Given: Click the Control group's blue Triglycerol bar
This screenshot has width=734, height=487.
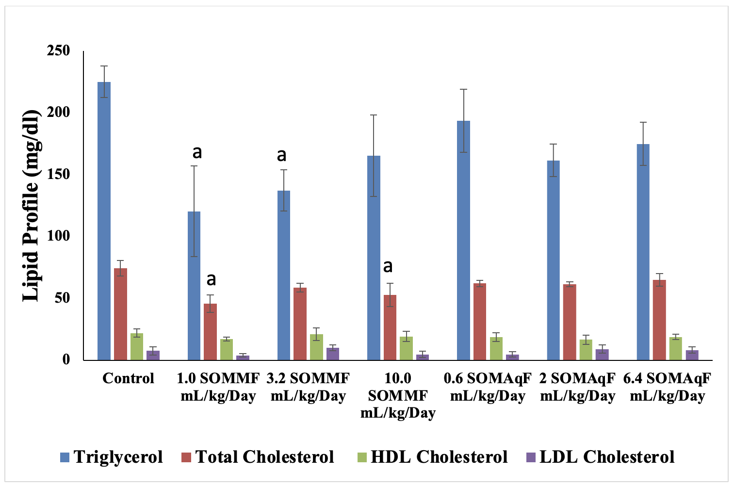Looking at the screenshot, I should pos(104,221).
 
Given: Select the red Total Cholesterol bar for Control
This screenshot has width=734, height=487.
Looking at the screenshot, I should pos(120,314).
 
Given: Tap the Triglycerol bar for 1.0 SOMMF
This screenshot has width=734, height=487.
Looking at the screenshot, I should pos(194,286).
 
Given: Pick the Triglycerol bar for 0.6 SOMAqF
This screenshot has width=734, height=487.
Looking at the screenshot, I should pos(463,240).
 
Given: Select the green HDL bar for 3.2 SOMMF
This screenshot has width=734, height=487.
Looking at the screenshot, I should pos(316,347).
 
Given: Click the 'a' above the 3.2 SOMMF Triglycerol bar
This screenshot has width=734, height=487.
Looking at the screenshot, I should pos(281,155).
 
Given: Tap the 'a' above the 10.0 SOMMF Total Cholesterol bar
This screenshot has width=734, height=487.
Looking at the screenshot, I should pos(388,266).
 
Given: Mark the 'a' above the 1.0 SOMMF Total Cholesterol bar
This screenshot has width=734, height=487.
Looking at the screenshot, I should pos(211,279).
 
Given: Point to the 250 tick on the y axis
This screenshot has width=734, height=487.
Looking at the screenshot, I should pos(58,50).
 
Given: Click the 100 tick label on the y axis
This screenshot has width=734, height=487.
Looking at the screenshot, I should pos(58,236).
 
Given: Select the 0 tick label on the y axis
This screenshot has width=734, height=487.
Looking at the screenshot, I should pos(65,359).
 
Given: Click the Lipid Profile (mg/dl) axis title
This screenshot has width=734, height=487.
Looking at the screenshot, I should pos(31,205).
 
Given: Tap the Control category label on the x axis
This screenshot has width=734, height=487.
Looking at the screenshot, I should pos(128,378).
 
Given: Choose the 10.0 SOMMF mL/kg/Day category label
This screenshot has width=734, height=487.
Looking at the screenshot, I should pos(398,395).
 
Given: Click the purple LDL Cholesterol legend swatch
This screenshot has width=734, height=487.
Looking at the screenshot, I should pos(531,457).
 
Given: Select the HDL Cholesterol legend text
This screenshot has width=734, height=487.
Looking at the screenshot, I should pos(439,457).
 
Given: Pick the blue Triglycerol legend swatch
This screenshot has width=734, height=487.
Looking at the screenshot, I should pos(65,457).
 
